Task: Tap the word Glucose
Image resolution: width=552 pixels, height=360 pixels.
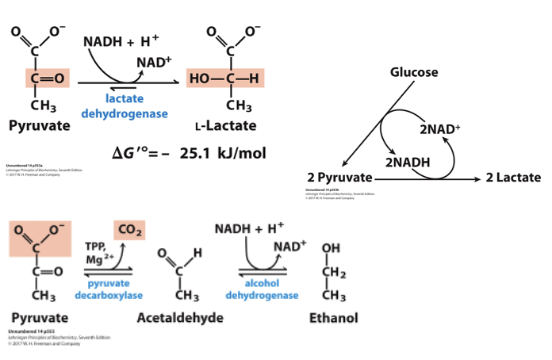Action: [x=413, y=72]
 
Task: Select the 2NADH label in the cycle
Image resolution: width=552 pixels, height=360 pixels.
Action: [x=408, y=162]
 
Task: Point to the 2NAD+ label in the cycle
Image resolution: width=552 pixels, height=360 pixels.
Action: [x=439, y=128]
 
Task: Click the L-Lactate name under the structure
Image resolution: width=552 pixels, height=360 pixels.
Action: [x=225, y=126]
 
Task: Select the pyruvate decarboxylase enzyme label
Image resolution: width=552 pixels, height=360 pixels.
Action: [x=109, y=289]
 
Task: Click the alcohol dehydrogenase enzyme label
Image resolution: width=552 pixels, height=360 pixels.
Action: [x=262, y=289]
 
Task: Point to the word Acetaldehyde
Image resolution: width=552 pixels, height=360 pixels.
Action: [x=180, y=318]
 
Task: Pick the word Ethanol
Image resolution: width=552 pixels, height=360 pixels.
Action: [x=333, y=318]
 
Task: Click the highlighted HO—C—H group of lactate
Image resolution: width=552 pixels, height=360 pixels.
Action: [x=225, y=78]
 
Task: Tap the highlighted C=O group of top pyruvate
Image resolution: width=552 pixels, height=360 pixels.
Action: [x=47, y=78]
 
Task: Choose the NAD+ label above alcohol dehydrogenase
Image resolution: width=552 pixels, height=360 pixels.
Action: [x=289, y=247]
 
